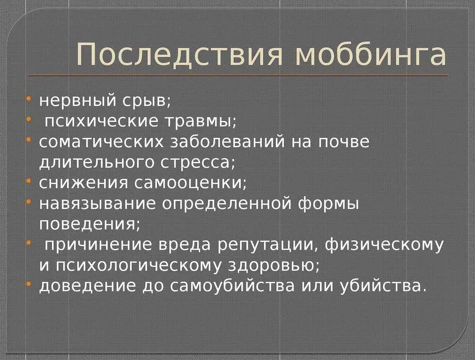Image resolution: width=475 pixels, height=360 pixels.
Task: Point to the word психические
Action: point(102,121)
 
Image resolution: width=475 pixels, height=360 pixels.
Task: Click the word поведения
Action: point(89,224)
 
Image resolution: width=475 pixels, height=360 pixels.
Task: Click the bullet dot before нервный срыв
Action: point(30,98)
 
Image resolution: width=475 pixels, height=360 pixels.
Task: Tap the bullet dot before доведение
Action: point(30,283)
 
